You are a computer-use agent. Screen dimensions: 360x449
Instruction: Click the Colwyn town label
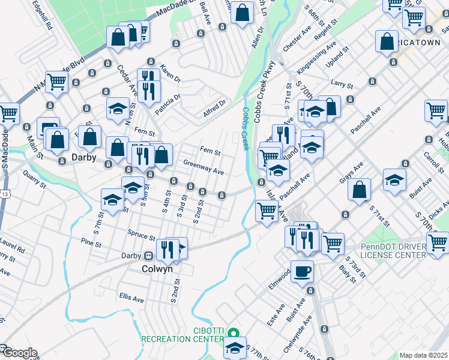[157, 269]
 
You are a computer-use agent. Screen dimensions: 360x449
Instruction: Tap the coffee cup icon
[302, 271]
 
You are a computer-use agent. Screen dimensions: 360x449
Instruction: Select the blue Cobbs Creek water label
[245, 128]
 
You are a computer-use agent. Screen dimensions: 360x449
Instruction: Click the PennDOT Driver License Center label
[394, 250]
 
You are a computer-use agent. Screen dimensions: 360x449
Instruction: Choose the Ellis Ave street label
[131, 298]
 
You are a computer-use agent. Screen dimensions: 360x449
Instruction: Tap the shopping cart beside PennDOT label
[438, 242]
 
